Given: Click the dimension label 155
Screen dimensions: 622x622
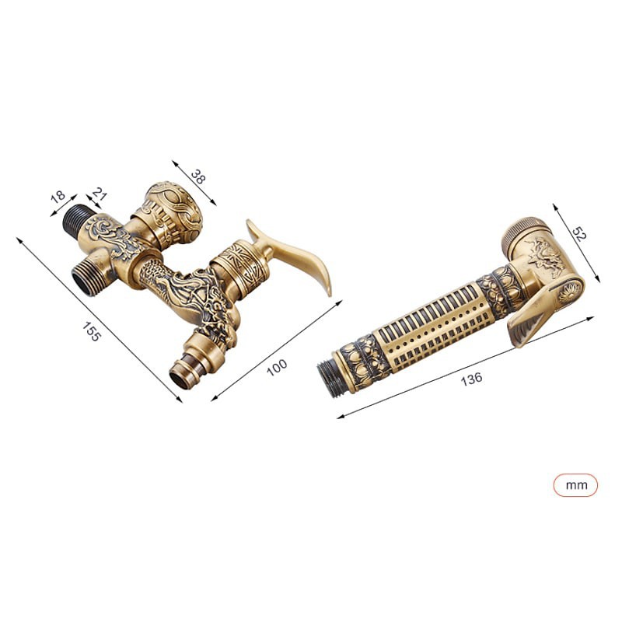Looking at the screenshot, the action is pos(91,332).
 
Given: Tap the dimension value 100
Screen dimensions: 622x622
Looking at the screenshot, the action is pos(277,367).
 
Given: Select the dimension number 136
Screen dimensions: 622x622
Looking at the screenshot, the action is pos(471,379).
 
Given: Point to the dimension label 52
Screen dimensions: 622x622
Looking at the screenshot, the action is pos(578,235).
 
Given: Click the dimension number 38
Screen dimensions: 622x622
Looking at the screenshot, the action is pos(198,176).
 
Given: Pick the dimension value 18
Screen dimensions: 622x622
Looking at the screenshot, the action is pos(58,196).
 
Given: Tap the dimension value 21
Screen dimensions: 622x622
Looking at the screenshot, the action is pos(100,193).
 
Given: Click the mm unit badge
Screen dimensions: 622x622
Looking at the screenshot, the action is pos(575,484).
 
